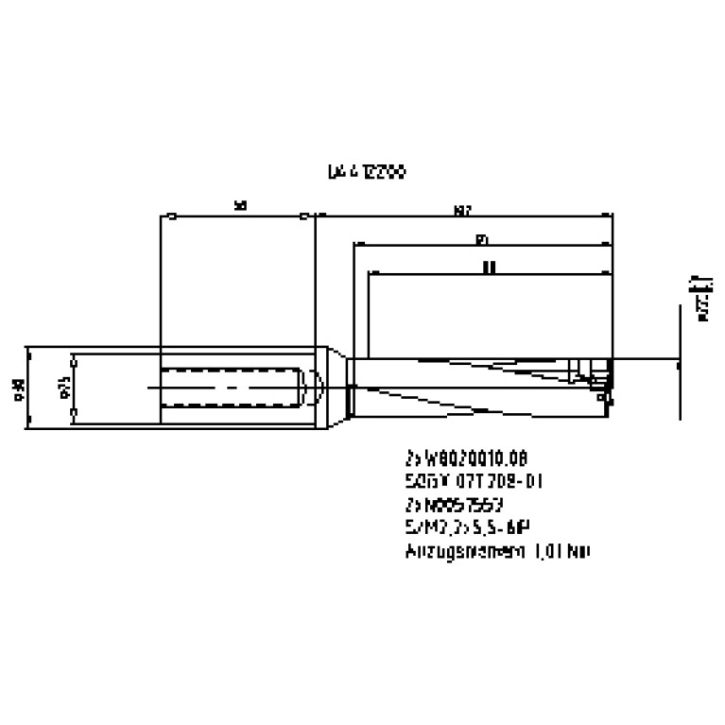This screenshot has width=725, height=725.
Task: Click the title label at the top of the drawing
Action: [x=367, y=173]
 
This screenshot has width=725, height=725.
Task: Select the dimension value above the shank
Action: [x=240, y=205]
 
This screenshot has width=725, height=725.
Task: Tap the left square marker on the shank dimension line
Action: [x=168, y=216]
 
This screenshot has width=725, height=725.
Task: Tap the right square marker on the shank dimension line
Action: [x=302, y=216]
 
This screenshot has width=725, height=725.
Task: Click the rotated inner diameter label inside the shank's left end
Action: [x=65, y=388]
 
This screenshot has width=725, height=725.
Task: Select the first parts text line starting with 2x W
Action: [x=462, y=460]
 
